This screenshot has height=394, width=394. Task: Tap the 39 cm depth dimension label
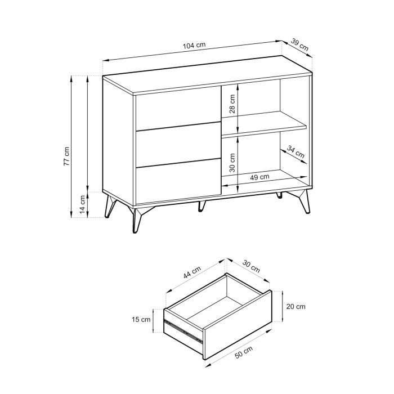pyautogui.click(x=300, y=45)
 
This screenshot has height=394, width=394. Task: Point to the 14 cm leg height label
pyautogui.click(x=82, y=204)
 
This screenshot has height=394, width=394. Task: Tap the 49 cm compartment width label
pyautogui.click(x=259, y=177)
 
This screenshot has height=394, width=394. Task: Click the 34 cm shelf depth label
pyautogui.click(x=295, y=151)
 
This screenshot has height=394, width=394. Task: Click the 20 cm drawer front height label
pyautogui.click(x=297, y=307)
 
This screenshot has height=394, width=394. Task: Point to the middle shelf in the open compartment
pyautogui.click(x=264, y=124)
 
